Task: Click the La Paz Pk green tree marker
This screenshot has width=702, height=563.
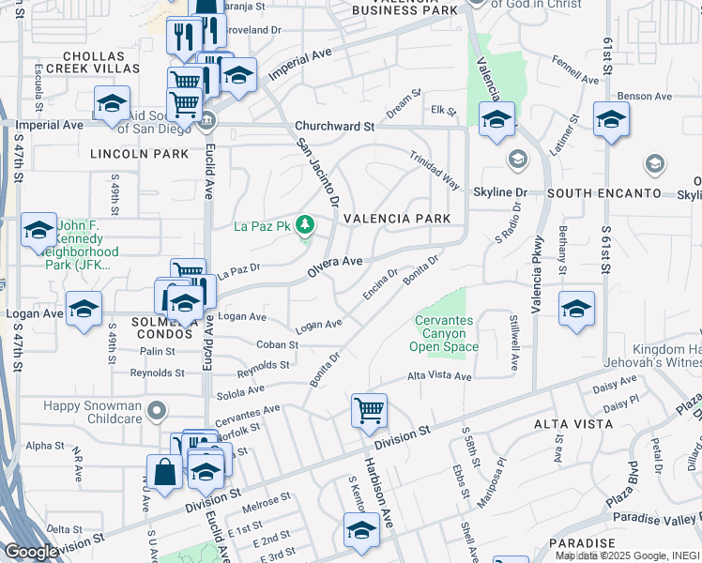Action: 304,225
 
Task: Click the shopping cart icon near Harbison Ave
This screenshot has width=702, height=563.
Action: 370,411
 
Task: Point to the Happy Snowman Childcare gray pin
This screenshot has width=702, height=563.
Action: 158,410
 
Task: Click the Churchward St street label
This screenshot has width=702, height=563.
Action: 334,126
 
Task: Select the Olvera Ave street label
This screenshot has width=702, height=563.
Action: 335,265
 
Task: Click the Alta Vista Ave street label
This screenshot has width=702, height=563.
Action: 439,376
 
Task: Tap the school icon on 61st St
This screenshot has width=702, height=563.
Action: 611,121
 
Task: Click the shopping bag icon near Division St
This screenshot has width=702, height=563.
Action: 164,472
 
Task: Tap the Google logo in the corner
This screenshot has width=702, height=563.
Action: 31,552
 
